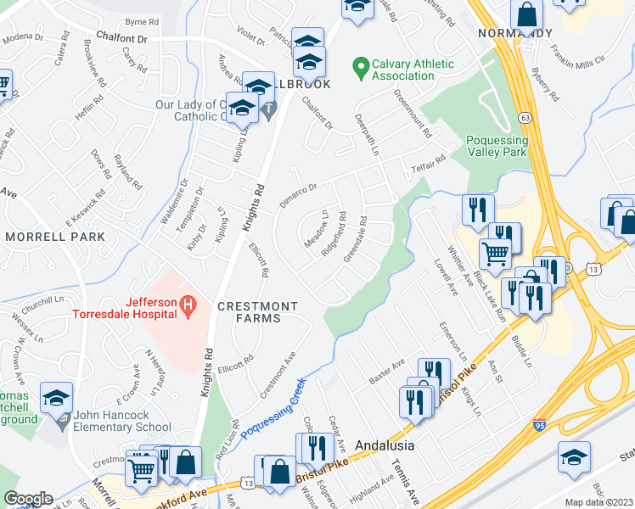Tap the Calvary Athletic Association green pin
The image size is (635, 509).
[361, 66]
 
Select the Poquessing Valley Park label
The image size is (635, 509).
[497, 146]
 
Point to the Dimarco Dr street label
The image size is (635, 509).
[299, 189]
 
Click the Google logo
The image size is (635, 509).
[29, 498]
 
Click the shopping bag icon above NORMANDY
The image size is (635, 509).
[526, 14]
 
